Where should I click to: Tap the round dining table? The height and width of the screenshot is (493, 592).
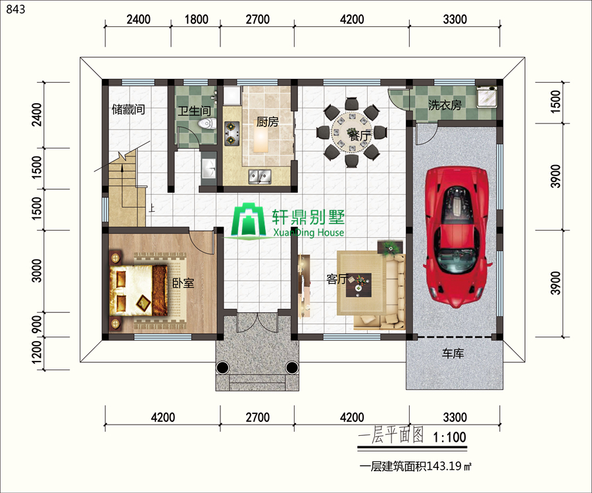(352, 132)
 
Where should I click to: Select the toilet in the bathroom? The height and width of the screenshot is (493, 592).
(207, 124)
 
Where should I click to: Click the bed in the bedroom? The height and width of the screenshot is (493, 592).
(139, 290)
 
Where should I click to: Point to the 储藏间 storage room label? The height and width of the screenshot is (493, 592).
(128, 109)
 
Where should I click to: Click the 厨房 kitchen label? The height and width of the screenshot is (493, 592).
(267, 122)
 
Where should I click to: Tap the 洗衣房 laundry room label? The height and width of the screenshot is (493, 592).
(445, 105)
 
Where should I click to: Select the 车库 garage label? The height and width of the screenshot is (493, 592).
(453, 354)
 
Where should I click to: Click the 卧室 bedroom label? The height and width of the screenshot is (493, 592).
(183, 283)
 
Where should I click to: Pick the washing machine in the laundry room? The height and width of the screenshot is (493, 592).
(487, 97)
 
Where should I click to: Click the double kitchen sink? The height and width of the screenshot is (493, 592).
(260, 177)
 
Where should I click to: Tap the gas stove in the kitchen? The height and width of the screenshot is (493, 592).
(232, 133)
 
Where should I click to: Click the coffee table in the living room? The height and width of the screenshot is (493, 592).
(358, 285)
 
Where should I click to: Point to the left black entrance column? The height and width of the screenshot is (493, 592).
(222, 367)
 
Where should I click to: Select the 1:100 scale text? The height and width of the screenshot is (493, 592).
(449, 437)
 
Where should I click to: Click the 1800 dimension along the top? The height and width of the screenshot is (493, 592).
(196, 19)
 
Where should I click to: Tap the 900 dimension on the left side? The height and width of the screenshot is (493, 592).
(37, 324)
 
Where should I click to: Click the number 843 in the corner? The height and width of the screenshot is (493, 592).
(16, 9)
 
